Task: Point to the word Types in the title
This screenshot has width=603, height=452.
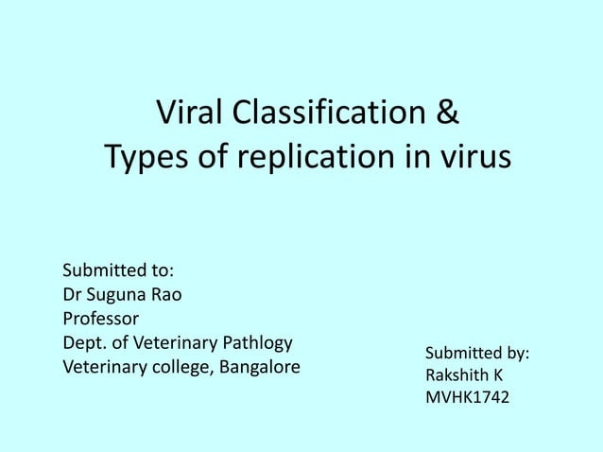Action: click(x=139, y=157)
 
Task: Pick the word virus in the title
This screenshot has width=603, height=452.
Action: click(x=473, y=157)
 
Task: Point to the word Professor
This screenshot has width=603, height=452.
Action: click(x=100, y=317)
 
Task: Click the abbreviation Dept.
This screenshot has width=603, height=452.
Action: click(x=83, y=341)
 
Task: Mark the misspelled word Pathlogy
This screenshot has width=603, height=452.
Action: click(x=256, y=341)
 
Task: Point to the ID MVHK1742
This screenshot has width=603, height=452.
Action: click(x=467, y=398)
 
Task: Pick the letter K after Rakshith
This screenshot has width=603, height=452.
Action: click(x=497, y=375)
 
